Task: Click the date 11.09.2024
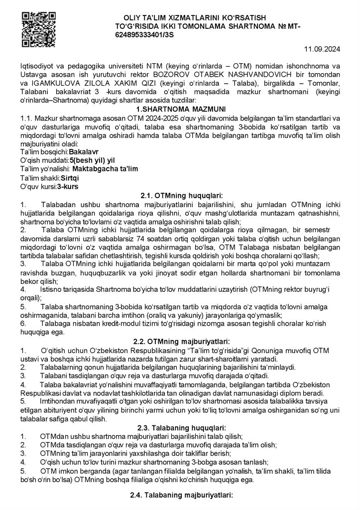point(322,49)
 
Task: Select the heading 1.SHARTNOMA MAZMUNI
point(180,109)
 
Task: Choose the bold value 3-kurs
point(68,186)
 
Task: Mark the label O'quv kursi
point(38,186)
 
